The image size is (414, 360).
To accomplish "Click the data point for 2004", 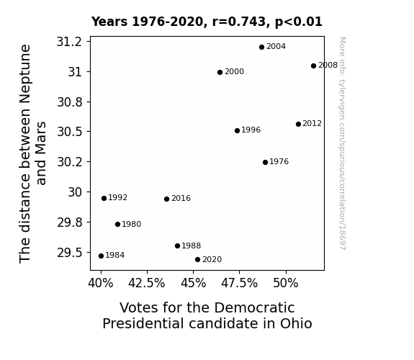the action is point(261,48).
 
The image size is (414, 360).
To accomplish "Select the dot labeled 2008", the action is point(313,66).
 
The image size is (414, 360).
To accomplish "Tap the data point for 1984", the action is point(101,256).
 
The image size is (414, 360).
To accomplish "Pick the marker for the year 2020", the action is point(197,260).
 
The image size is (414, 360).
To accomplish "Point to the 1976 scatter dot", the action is point(266,163).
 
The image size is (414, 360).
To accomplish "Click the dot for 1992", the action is point(104,198).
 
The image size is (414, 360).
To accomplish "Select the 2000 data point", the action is point(220,73).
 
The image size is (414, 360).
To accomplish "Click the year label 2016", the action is point(181,198).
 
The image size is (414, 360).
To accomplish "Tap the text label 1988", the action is point(191,246).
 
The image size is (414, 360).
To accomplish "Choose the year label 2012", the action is point(312,124).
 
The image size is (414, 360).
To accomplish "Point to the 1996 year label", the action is point(251,130).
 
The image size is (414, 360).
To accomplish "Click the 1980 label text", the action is point(132,224).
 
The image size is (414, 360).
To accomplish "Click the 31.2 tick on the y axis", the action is point(70,42).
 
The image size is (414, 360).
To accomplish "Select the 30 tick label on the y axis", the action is point(76,192).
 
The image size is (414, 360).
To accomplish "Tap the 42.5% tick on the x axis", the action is point(147,284).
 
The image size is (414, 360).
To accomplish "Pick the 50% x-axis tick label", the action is point(286,284).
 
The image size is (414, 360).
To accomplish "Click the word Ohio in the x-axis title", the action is point(296,323).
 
